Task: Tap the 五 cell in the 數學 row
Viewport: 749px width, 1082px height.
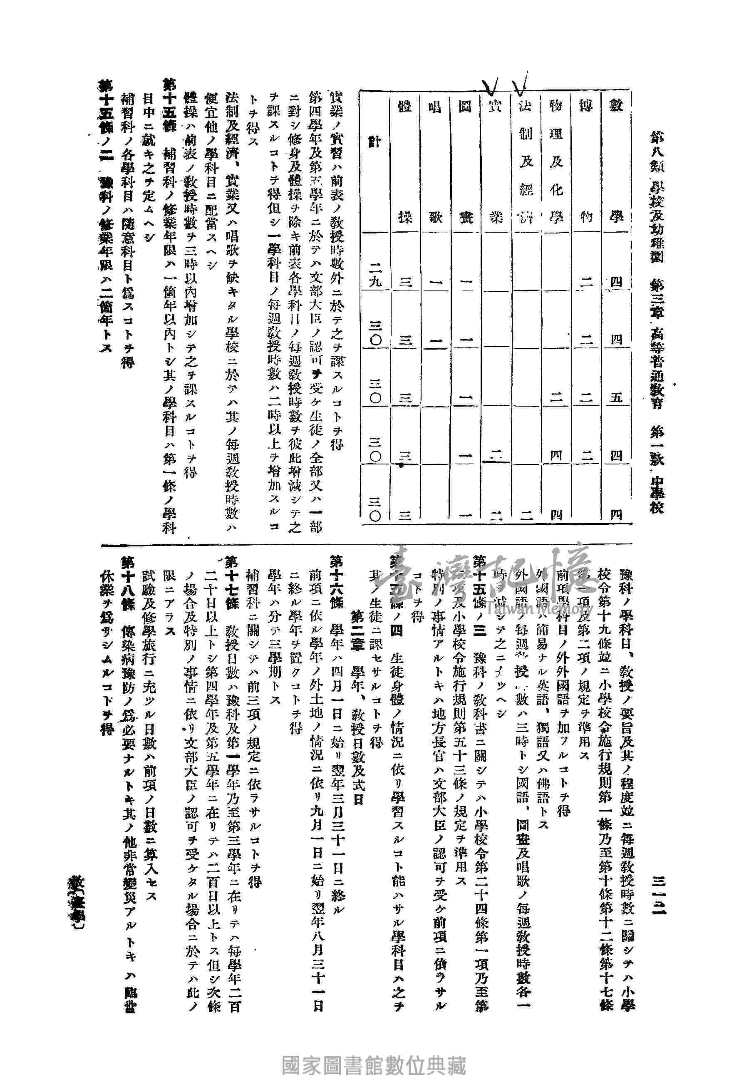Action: point(616,397)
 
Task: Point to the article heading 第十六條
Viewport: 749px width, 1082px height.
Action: point(337,582)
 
